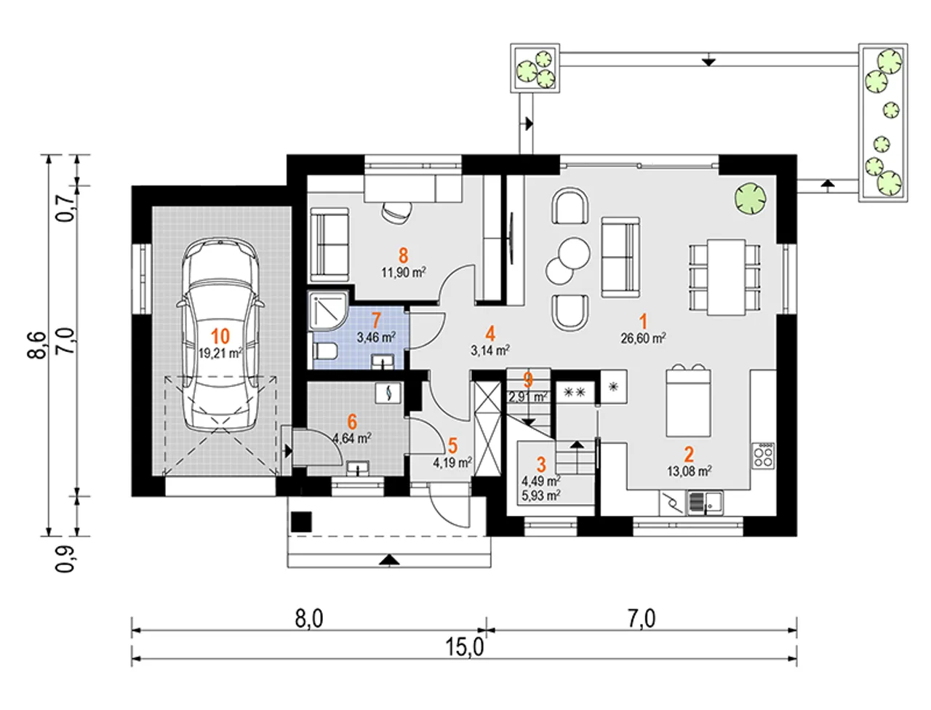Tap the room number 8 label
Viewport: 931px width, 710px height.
coord(403,255)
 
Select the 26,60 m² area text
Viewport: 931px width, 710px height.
coord(643,338)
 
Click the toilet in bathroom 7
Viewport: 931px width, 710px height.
coord(325,351)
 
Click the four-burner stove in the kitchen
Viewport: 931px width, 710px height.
coord(764,455)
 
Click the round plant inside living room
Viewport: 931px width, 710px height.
coord(751,198)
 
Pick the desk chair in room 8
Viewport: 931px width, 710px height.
coord(397,211)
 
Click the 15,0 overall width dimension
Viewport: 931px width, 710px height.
coord(465,647)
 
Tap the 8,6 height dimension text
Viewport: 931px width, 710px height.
coord(36,346)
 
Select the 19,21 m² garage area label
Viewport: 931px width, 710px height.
coord(220,353)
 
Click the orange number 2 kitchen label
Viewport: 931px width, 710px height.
coord(689,455)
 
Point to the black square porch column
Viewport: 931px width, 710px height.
coord(301,522)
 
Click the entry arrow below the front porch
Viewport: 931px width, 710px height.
coord(389,560)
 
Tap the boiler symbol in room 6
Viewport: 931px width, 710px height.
coord(388,393)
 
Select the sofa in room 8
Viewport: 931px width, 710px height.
coord(329,244)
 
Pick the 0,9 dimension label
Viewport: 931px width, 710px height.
coord(65,559)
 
